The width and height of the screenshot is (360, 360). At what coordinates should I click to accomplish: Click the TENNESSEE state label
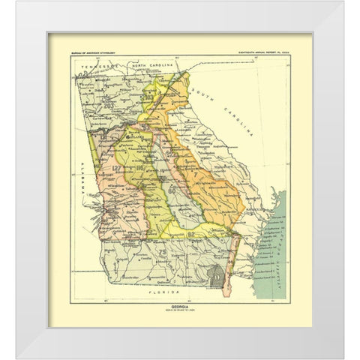point(100,65)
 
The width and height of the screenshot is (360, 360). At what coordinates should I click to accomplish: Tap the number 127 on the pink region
point(117,169)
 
